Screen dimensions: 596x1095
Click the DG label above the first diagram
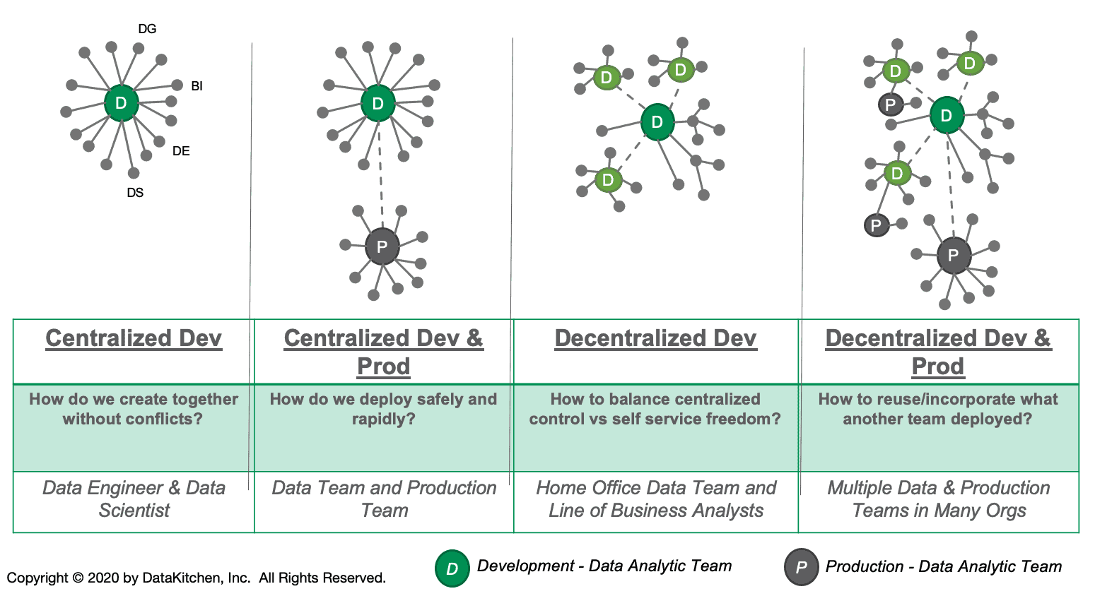click(x=147, y=29)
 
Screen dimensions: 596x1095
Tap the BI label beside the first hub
click(x=197, y=86)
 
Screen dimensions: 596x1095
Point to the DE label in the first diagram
click(x=181, y=151)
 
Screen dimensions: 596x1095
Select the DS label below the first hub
click(x=135, y=193)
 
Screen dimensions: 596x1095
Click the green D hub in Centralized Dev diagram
click(x=121, y=103)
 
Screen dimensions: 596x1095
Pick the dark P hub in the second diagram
click(x=382, y=246)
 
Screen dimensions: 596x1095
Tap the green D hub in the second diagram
click(x=377, y=104)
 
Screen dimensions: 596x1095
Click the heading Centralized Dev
click(x=134, y=338)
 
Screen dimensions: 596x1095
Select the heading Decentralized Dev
click(x=655, y=338)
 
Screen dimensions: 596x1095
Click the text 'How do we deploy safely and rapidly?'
click(x=383, y=409)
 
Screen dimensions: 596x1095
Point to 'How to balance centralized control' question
click(x=655, y=409)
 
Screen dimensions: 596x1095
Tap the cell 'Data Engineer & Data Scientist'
click(x=134, y=499)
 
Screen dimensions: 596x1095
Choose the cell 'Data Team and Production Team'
click(x=384, y=499)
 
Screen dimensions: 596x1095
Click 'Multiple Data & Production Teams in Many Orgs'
click(x=938, y=499)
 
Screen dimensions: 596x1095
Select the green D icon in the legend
click(x=452, y=568)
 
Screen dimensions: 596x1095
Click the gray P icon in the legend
click(x=801, y=567)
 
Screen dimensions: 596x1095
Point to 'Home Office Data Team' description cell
click(x=655, y=499)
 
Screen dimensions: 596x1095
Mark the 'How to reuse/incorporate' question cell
click(x=938, y=409)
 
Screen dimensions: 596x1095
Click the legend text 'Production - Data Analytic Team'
click(x=943, y=566)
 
